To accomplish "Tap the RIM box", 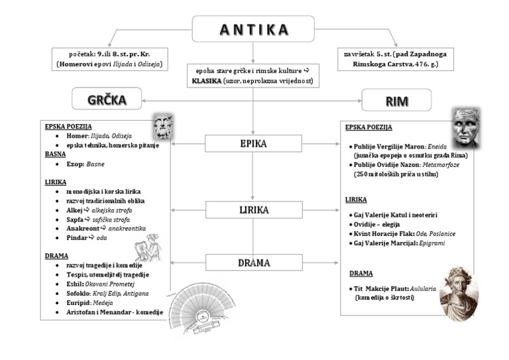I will point(396,100).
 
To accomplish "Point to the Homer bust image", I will point(162,125).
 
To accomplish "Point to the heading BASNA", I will point(55,154).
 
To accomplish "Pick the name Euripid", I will point(79,302).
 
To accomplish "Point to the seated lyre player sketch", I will point(148,247).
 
